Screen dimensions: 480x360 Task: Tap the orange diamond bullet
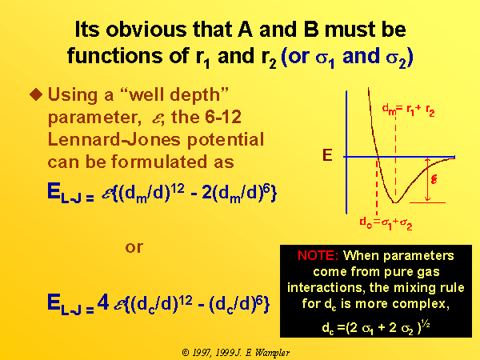click(36, 94)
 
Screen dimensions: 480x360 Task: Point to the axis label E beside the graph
click(327, 155)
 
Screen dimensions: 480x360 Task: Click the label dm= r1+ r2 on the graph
click(408, 110)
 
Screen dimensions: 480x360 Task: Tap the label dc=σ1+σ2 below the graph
click(386, 223)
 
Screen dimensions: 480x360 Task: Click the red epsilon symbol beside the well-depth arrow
click(434, 179)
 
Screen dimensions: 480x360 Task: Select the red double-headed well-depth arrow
click(428, 180)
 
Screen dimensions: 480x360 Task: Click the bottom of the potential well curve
click(395, 202)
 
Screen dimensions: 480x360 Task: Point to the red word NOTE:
click(318, 255)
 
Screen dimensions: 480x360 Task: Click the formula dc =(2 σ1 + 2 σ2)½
click(376, 327)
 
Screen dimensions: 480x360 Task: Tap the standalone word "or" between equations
click(134, 246)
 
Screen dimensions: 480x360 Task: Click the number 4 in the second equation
click(103, 302)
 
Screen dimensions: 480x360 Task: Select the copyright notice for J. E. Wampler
click(236, 353)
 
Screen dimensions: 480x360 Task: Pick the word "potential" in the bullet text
click(226, 140)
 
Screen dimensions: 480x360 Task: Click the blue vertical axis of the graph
click(346, 152)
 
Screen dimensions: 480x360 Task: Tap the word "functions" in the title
click(115, 56)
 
